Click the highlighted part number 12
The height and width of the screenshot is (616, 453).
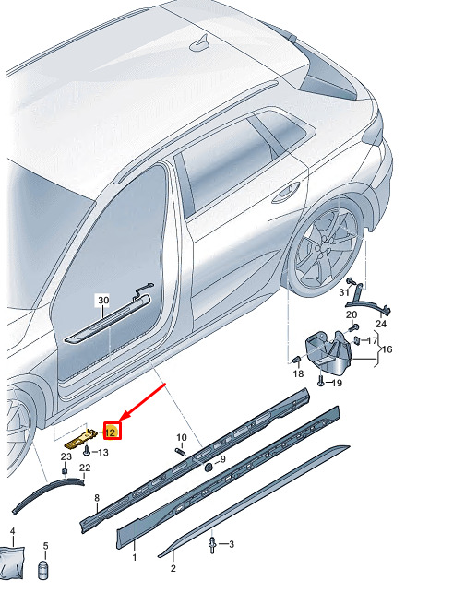(x=111, y=432)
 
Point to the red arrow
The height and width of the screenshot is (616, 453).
(x=142, y=402)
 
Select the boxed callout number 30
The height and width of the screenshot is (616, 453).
(x=103, y=301)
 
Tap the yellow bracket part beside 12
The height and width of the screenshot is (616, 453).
(x=81, y=439)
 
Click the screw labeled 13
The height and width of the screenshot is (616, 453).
(x=87, y=454)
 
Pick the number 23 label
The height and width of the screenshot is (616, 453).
(x=66, y=456)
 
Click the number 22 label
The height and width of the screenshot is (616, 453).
(x=85, y=468)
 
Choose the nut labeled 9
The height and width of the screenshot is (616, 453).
(x=209, y=467)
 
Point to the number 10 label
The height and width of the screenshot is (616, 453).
(x=181, y=437)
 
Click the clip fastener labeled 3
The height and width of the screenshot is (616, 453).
(x=212, y=545)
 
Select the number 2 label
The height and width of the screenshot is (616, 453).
(x=173, y=568)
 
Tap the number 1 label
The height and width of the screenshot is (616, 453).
(x=135, y=557)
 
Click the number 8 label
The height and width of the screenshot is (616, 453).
(x=97, y=498)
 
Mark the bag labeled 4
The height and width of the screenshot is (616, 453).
(x=11, y=563)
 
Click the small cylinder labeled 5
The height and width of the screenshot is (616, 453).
(x=43, y=570)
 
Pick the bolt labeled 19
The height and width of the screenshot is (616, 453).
(x=320, y=381)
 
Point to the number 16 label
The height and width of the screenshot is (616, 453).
(x=387, y=349)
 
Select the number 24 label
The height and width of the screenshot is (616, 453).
(x=381, y=324)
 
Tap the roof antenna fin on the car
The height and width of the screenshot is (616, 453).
(x=200, y=43)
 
